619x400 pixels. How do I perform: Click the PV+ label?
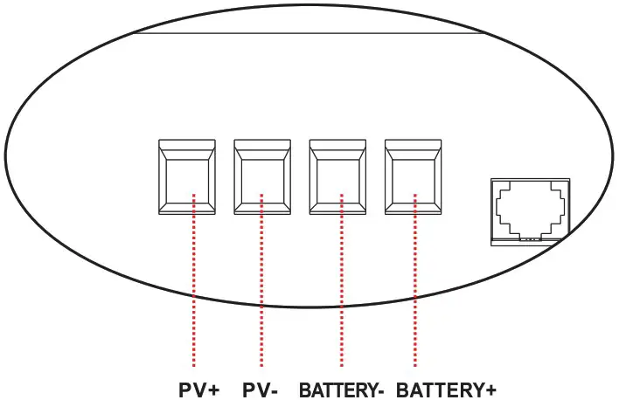198,389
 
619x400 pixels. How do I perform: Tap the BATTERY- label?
341,389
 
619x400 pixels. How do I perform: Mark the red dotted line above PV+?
193,288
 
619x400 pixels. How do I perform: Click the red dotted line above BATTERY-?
342,288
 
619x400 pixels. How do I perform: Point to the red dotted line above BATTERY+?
414,288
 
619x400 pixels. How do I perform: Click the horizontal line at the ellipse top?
306,34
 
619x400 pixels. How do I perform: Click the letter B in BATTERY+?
402,389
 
